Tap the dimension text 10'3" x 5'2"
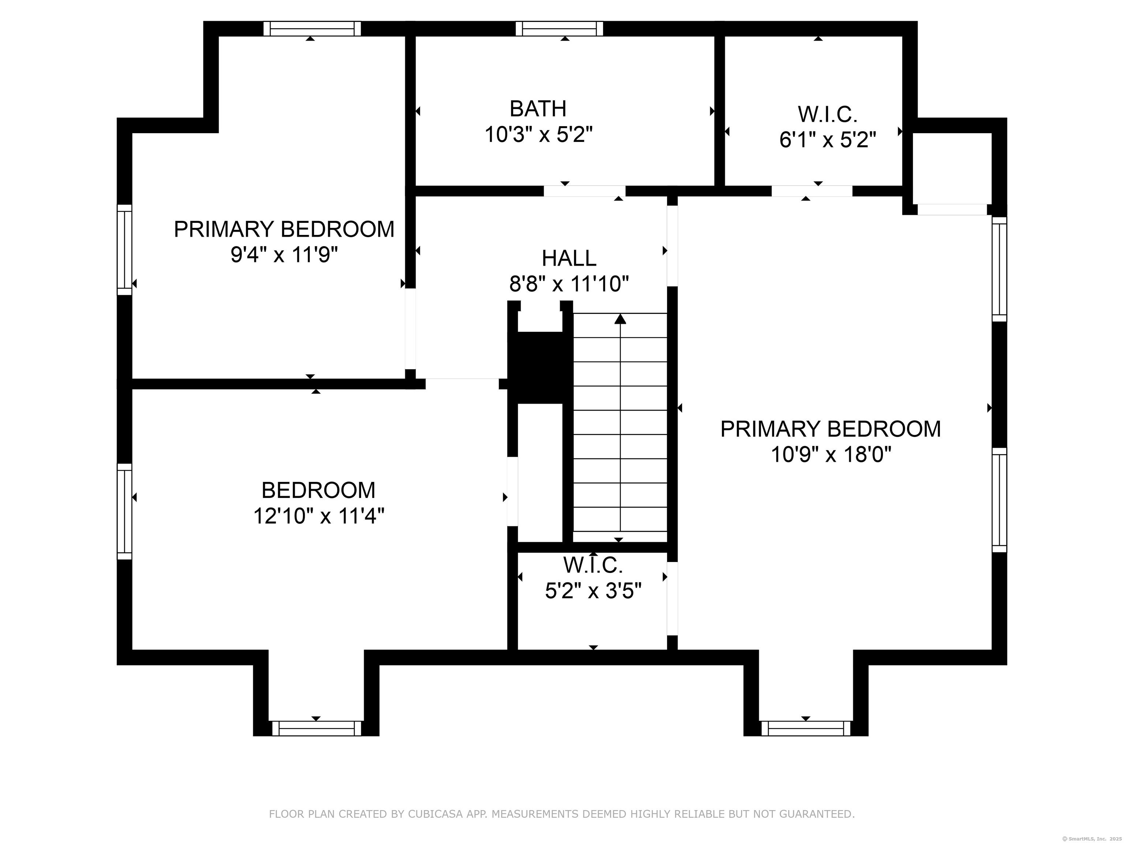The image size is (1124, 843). coord(538,135)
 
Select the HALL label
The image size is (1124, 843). coord(569,258)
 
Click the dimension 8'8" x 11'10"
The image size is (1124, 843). coord(569,284)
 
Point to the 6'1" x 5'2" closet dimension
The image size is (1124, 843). coord(827,140)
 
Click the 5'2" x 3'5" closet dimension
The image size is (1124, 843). coord(593,591)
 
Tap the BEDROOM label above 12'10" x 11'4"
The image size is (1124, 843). coord(318,490)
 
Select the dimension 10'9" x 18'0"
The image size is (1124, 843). coord(831,454)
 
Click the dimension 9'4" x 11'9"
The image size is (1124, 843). coord(284,255)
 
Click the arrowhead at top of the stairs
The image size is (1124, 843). coord(620,319)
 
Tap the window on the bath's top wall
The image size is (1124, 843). coord(559,29)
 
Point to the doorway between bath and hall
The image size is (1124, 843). coord(584,191)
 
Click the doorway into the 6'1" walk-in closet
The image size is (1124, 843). coord(812,191)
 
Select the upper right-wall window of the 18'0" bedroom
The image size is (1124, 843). coord(999,269)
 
